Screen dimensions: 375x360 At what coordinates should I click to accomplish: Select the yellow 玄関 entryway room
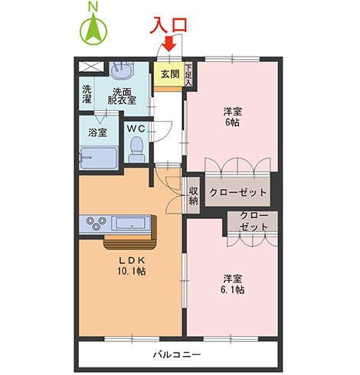[169, 74]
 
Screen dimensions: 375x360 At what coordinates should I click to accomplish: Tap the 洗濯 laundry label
[87, 94]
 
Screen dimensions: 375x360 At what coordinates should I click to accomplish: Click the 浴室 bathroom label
[98, 132]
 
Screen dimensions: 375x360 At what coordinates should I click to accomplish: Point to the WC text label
[136, 128]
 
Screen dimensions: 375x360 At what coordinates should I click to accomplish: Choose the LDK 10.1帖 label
[131, 266]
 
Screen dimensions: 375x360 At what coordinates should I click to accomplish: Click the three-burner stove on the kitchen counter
[96, 223]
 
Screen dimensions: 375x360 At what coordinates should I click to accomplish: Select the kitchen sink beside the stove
[132, 223]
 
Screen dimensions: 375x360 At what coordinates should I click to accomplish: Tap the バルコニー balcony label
[176, 356]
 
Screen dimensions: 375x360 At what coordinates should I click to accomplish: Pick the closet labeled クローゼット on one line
[237, 192]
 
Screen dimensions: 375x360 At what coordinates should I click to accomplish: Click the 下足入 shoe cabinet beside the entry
[188, 74]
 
